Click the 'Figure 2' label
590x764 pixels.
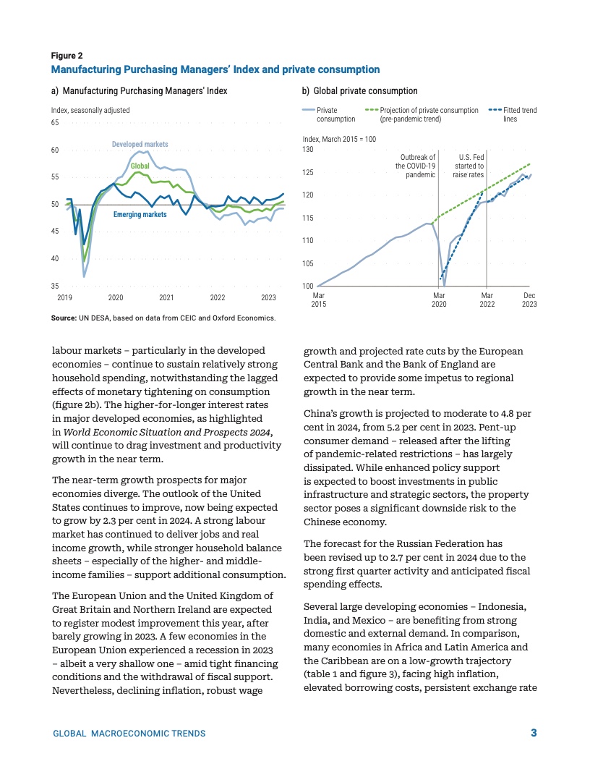click(x=67, y=56)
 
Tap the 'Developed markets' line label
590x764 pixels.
click(x=140, y=145)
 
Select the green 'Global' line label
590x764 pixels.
click(x=140, y=166)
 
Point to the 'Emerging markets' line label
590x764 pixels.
click(x=140, y=215)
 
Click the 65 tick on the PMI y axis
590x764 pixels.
click(x=55, y=123)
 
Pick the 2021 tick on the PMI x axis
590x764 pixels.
click(x=166, y=297)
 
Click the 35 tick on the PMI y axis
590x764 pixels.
click(x=55, y=286)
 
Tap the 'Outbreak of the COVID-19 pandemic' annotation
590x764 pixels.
click(x=415, y=166)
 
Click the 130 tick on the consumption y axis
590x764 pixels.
click(x=308, y=149)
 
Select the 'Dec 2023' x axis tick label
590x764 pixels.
click(x=529, y=300)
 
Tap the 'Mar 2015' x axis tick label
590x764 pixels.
click(x=318, y=300)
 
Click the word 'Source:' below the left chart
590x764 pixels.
click(x=64, y=318)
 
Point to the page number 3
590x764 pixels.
click(x=534, y=733)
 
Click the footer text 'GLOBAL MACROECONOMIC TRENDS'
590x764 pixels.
click(x=129, y=734)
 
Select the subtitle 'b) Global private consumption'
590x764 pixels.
click(x=359, y=91)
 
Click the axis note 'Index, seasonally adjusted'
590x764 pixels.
click(x=90, y=110)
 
